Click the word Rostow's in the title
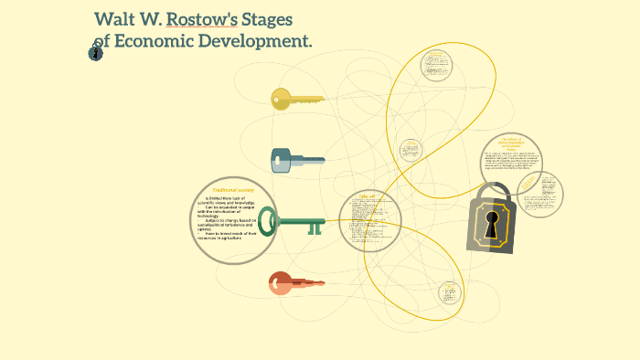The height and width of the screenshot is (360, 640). pos(208,19)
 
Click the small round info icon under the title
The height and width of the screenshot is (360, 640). pos(95,54)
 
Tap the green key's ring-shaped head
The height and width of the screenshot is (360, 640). pos(268,221)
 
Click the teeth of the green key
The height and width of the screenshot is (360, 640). pos(315,227)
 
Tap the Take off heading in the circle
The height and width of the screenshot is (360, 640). pos(368,196)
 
